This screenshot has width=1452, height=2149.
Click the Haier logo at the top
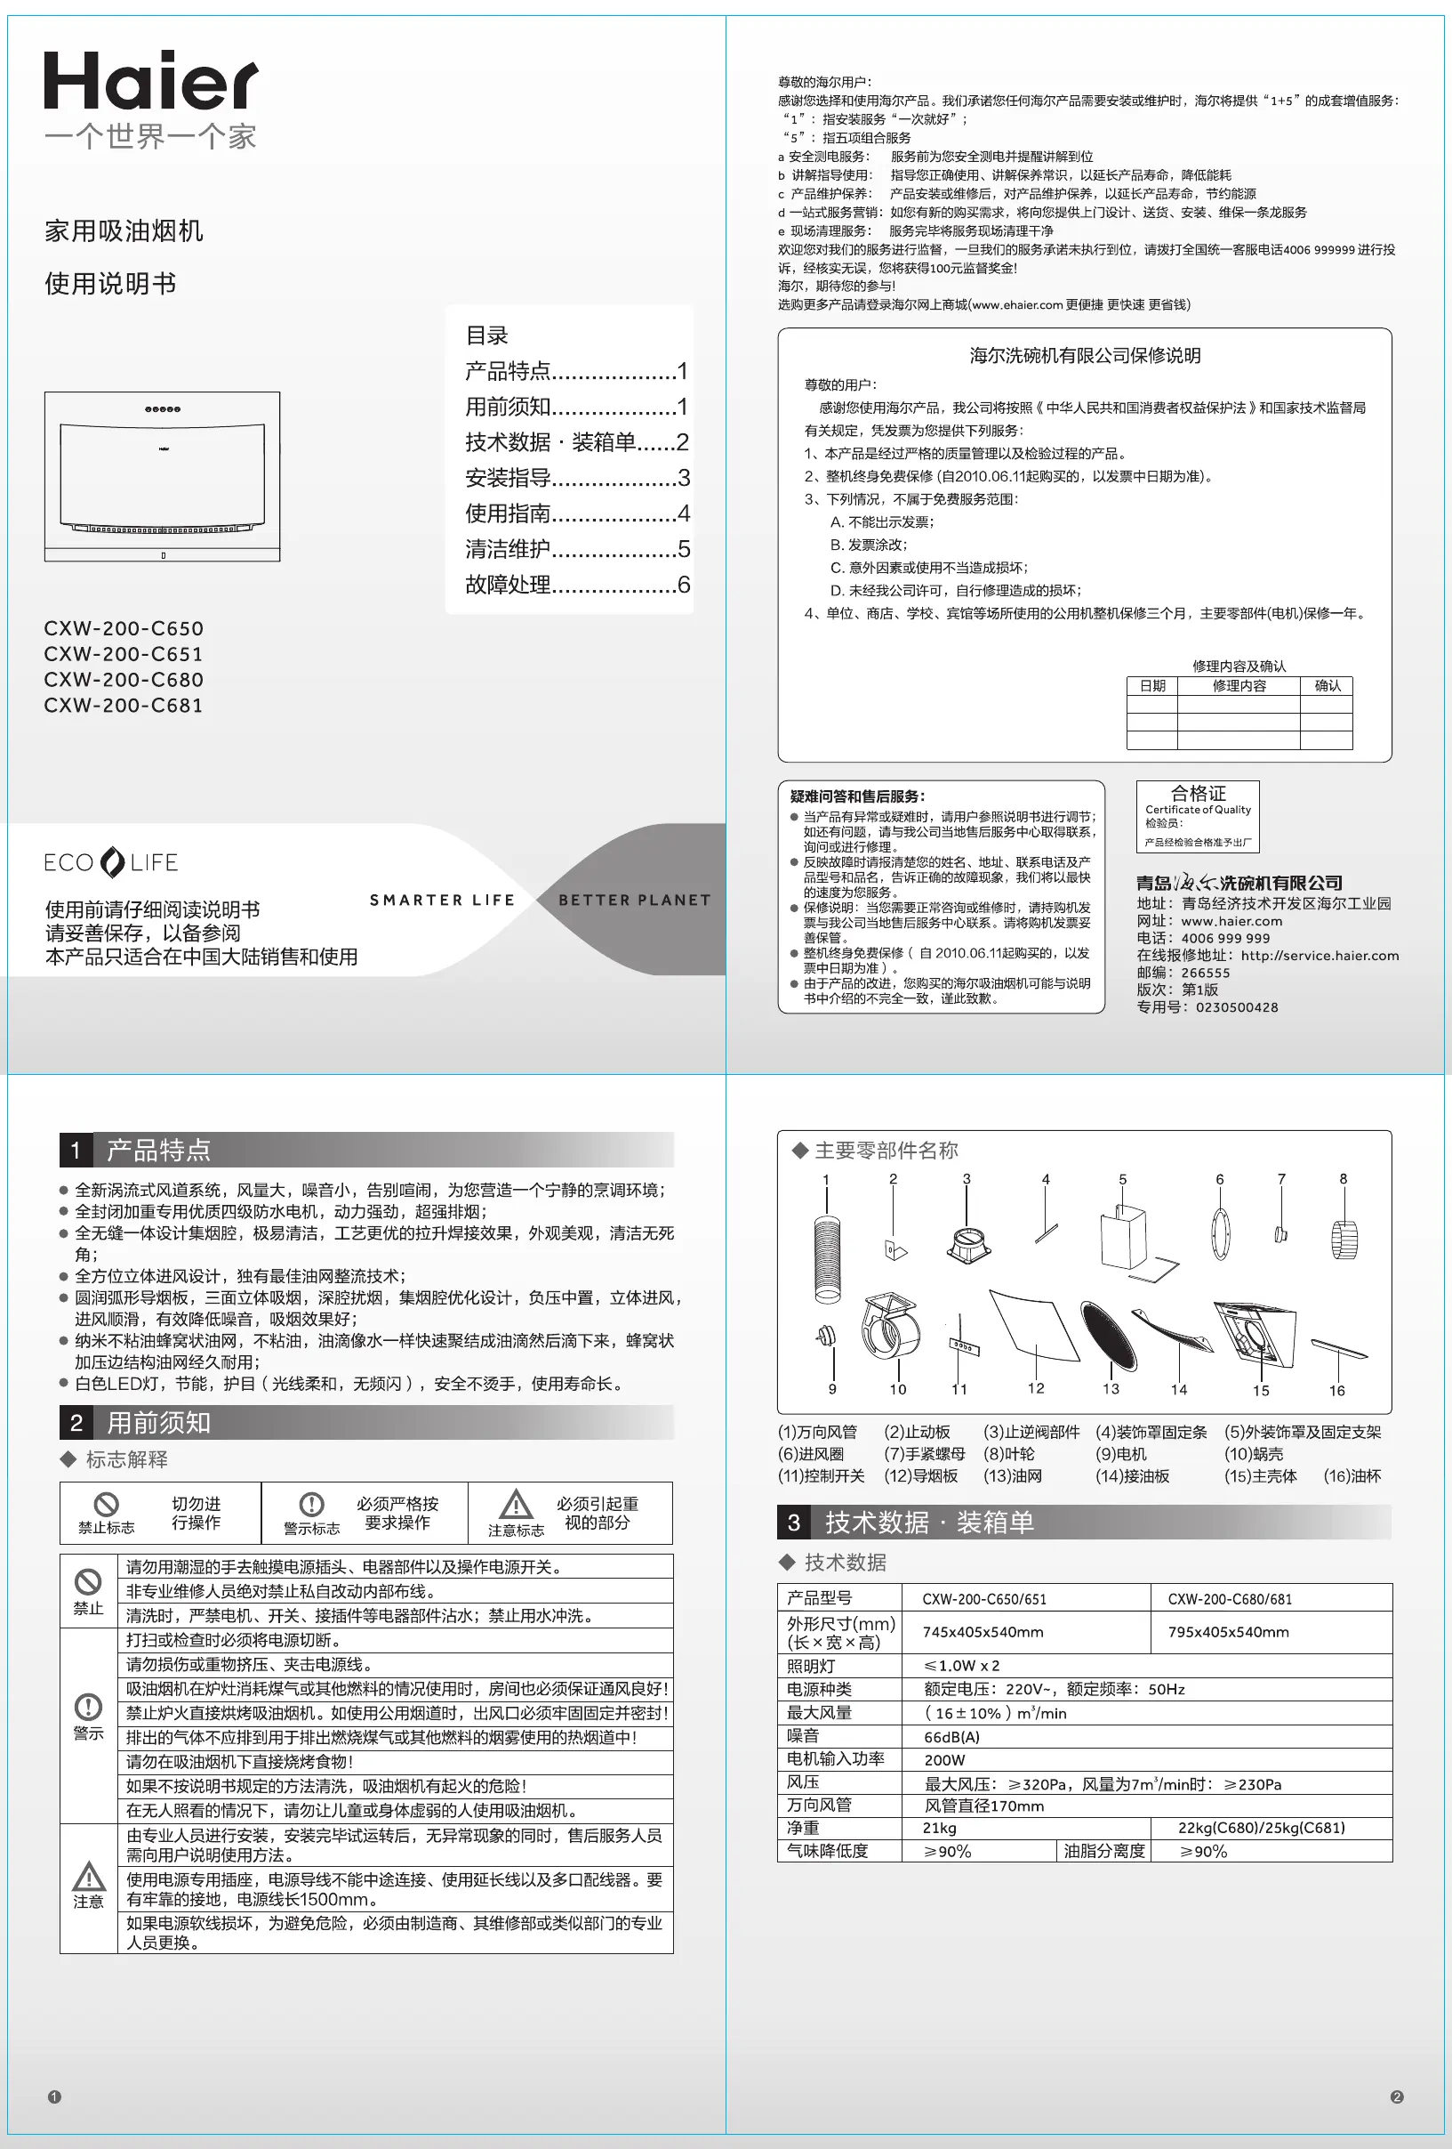(150, 80)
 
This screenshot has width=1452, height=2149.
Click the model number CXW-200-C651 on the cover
(123, 654)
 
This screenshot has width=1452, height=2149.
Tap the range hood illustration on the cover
(162, 476)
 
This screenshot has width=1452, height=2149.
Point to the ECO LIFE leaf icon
(112, 861)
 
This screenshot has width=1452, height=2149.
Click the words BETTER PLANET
(634, 900)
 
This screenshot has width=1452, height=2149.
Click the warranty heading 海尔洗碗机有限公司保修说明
(1084, 356)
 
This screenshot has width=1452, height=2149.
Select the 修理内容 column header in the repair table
(1239, 686)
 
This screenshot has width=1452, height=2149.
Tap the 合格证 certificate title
(1198, 794)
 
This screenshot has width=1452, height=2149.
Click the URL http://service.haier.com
(1319, 955)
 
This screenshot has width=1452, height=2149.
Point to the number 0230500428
(1237, 1007)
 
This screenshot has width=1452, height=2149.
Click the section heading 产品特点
(158, 1151)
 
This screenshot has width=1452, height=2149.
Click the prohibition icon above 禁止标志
(107, 1505)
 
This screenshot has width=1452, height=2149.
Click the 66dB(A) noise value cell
(952, 1737)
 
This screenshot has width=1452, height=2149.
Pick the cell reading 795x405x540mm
(1227, 1632)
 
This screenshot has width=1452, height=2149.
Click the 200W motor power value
(944, 1760)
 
